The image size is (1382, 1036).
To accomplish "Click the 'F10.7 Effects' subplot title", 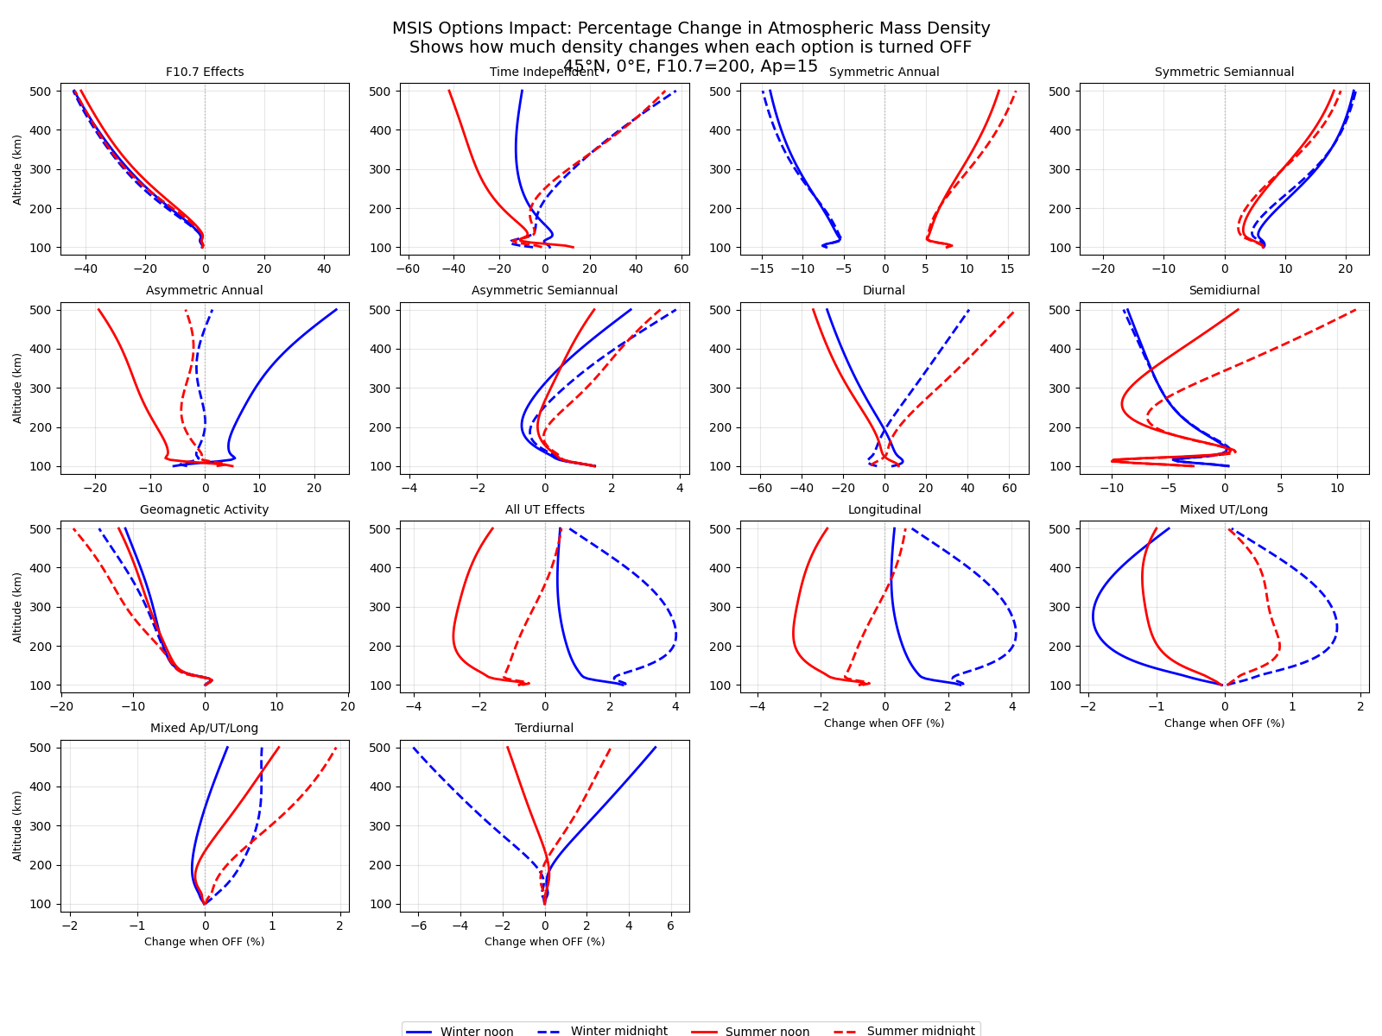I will tap(205, 73).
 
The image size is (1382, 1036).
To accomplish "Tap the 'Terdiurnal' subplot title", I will tap(544, 729).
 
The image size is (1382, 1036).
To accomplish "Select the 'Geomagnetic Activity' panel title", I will tap(205, 510).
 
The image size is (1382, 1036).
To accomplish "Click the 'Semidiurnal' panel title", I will tap(1224, 291).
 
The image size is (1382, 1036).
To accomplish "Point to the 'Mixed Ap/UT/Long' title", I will tap(205, 729).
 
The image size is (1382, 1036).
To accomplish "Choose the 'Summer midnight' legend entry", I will tap(921, 1031).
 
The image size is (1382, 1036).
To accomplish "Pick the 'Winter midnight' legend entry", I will tap(618, 1031).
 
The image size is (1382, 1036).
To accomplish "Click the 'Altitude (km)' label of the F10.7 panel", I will tap(18, 169).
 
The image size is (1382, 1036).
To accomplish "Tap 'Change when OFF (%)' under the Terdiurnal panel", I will tap(544, 942).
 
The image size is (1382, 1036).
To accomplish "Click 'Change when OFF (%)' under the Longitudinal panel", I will tap(884, 723).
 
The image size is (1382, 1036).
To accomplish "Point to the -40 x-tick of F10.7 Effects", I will tap(86, 268).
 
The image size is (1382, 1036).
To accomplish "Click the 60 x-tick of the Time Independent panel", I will tap(681, 268).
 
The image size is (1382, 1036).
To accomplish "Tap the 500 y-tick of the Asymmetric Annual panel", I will tap(43, 310).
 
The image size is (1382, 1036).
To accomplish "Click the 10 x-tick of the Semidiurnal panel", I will tap(1337, 488).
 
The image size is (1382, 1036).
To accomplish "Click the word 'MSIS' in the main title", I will tap(416, 28).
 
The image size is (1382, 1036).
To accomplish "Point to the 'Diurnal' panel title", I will tap(884, 291).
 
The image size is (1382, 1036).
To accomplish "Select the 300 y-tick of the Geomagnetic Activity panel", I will tap(43, 607).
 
